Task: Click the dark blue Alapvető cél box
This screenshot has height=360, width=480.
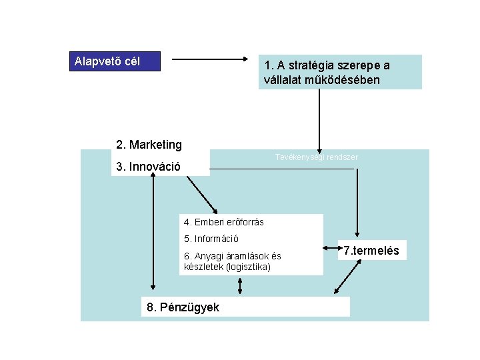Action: point(115,62)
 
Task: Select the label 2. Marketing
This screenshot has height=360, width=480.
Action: point(149,145)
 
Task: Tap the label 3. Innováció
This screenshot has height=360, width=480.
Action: point(148,167)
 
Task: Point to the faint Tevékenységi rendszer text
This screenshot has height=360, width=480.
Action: point(317,157)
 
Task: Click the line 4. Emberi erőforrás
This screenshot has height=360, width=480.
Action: point(223,222)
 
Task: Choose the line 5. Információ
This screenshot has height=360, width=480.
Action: point(211,239)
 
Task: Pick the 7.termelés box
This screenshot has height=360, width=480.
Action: point(371,251)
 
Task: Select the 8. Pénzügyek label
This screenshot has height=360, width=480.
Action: point(183,307)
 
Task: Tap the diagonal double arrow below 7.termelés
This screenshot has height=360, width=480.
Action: point(347,277)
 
